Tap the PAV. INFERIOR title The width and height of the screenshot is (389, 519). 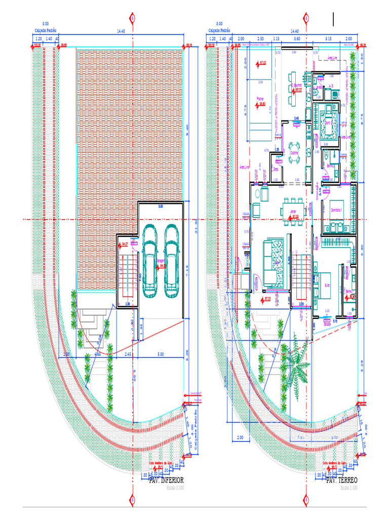[x=166, y=480]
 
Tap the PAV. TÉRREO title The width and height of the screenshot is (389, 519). [x=342, y=480]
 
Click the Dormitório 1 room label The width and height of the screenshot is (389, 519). [x=337, y=210]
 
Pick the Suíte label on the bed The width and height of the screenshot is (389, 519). [x=326, y=285]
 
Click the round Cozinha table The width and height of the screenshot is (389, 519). [x=294, y=157]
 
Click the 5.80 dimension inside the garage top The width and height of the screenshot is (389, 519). [x=161, y=207]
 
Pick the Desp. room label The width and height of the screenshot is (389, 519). [x=276, y=169]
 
